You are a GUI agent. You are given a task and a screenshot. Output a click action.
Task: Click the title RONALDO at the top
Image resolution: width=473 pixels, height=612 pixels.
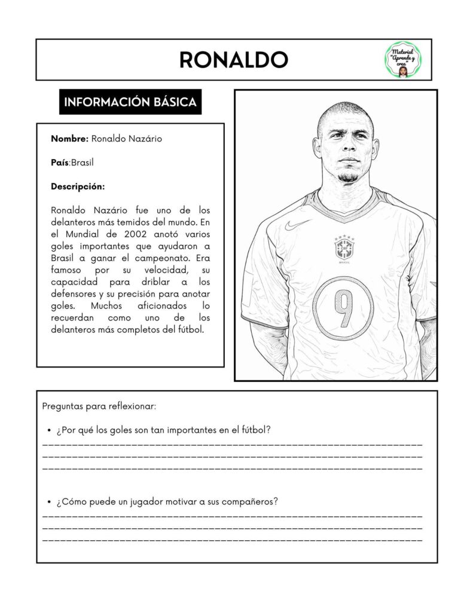[x=233, y=60]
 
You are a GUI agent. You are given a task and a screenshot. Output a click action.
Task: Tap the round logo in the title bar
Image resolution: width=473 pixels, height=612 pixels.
[x=402, y=60]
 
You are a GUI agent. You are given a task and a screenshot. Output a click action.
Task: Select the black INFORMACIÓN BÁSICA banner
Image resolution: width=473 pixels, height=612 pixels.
[x=130, y=102]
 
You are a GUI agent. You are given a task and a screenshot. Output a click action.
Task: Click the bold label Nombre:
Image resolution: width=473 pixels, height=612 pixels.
[x=69, y=139]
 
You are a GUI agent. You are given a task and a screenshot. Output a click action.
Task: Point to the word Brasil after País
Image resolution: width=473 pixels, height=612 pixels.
[x=83, y=163]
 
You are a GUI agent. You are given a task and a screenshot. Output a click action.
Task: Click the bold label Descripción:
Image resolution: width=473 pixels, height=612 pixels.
[x=78, y=186]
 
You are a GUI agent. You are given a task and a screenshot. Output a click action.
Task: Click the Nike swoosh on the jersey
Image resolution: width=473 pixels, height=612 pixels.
[x=298, y=225]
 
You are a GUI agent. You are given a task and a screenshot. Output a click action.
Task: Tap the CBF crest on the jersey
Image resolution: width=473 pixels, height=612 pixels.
[x=344, y=248]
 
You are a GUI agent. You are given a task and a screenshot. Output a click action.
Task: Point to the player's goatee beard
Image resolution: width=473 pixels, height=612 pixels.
[x=347, y=177]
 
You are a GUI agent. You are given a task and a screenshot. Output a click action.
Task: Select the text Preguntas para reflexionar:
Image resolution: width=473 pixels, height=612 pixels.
[x=99, y=406]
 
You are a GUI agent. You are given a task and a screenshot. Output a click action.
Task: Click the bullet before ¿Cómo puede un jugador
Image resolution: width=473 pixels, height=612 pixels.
[x=48, y=501]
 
